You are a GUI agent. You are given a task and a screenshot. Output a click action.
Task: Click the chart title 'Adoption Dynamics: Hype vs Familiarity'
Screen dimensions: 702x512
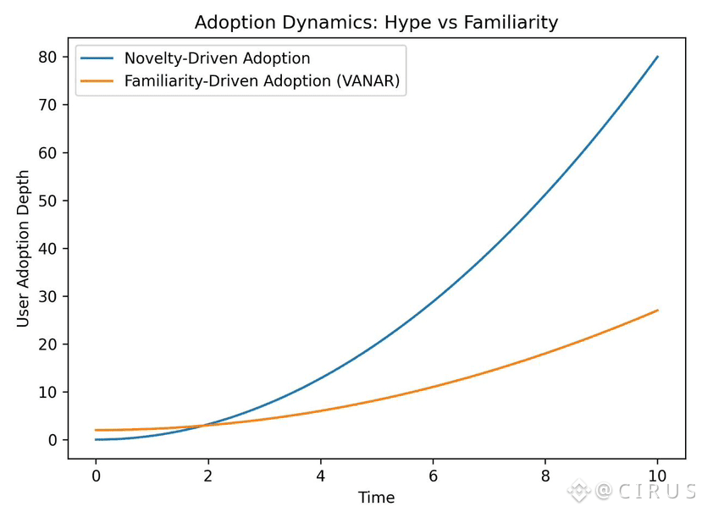point(376,22)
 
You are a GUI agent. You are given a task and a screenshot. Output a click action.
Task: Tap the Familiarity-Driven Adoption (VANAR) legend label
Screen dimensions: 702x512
point(262,81)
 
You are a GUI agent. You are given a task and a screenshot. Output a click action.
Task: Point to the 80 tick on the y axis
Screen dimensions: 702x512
point(47,57)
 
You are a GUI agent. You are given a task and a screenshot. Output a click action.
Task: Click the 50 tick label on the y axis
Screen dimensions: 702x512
point(47,201)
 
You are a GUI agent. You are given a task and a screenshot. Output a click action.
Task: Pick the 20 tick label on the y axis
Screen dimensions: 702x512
point(47,344)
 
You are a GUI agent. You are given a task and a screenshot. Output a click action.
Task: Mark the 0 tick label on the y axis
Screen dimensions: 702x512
point(53,440)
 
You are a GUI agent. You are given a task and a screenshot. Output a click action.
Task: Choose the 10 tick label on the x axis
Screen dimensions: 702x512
point(657,476)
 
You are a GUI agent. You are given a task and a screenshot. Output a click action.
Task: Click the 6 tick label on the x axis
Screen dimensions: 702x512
point(433,476)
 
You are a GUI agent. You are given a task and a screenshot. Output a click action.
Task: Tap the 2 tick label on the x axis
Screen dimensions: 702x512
point(207,476)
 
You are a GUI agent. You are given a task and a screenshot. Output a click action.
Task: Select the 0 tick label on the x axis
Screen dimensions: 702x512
point(96,476)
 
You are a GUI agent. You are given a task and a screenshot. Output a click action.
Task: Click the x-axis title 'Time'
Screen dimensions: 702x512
point(376,498)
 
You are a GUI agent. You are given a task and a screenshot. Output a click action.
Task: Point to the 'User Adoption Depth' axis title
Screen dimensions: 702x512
point(22,249)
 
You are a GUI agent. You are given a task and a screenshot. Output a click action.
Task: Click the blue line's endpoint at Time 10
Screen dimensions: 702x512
point(657,57)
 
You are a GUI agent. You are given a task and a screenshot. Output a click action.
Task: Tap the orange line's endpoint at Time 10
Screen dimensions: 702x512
point(657,310)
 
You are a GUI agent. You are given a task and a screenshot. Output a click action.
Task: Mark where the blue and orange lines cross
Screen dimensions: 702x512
point(204,425)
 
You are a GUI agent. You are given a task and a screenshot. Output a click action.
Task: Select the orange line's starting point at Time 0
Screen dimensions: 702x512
point(96,430)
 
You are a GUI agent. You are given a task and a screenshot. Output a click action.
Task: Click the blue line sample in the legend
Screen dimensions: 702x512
point(97,58)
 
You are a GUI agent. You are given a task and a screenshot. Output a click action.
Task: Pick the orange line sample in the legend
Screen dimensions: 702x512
point(97,81)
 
